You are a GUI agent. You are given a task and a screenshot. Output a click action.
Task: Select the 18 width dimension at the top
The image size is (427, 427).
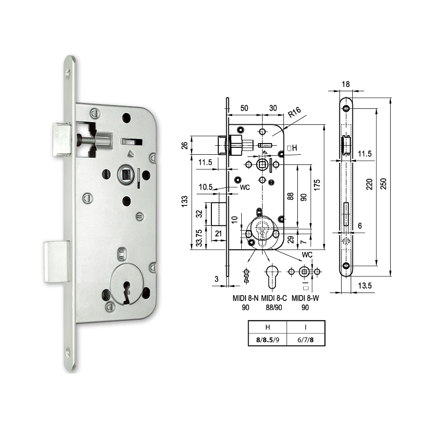tap(346, 84)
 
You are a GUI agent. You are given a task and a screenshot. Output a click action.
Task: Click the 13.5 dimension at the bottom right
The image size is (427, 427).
tap(366, 286)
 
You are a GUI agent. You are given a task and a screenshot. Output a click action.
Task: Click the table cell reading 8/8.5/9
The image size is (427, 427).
tap(267, 338)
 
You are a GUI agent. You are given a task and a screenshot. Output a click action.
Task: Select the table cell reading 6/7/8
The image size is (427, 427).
tap(305, 338)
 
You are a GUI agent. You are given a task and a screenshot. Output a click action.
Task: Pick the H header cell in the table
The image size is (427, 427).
tap(267, 326)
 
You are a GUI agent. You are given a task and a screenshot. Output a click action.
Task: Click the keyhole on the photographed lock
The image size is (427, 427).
tap(125, 291)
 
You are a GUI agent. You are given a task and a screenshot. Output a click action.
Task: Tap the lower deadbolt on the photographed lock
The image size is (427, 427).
tap(56, 261)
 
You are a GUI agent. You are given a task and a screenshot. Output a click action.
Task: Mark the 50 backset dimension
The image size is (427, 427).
tap(244, 108)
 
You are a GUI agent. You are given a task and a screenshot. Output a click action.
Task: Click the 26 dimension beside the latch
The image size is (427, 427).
tap(185, 145)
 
